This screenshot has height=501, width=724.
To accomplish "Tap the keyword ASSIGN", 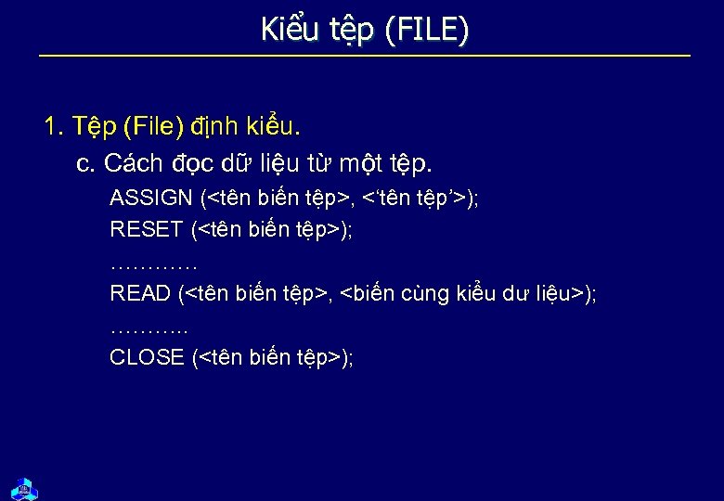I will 151,198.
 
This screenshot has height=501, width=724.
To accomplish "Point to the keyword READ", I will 140,293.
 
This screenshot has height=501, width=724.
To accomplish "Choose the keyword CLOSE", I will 147,357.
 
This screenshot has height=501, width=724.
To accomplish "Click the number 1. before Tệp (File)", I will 54,124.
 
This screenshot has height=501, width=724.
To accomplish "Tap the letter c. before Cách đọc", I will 86,163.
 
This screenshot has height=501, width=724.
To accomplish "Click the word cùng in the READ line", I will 425,294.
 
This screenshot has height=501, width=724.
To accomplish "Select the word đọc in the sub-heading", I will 191,163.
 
